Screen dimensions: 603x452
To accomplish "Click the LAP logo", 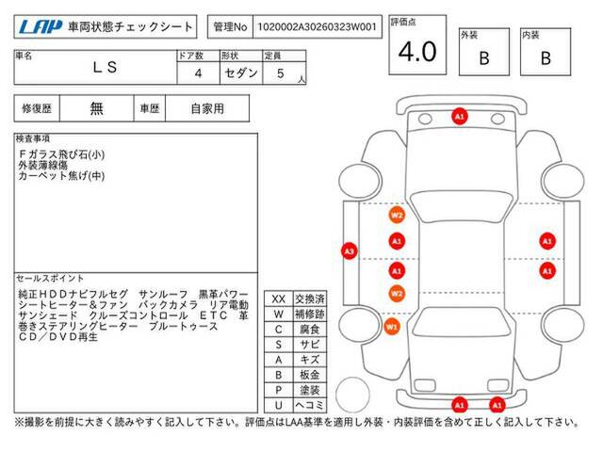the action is (41, 27).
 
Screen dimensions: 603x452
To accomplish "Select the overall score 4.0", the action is (417, 52).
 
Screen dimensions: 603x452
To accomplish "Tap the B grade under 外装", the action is (484, 58).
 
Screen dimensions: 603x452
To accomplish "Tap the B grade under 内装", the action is (546, 58).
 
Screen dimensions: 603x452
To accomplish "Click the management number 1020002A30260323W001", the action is (317, 27).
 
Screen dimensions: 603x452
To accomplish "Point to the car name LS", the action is (105, 68).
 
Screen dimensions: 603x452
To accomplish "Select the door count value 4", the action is (198, 73).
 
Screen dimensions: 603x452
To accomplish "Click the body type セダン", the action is (241, 73).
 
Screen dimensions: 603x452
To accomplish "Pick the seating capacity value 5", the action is (281, 73).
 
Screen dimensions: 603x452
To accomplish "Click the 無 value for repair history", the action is (96, 109).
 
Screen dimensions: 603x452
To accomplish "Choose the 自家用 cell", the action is (207, 109).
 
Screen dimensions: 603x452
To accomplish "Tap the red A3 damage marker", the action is (350, 251).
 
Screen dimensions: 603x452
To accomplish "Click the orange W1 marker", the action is (392, 327).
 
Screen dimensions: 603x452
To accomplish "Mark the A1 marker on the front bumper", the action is (460, 116).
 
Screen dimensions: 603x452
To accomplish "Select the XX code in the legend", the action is (279, 299).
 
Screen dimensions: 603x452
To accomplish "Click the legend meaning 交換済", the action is (310, 299).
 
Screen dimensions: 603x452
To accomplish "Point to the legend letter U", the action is (279, 405).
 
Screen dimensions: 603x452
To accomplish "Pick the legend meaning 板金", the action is (310, 375).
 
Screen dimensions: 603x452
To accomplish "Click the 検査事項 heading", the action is (33, 138).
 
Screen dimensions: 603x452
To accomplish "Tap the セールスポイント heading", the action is (50, 279).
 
